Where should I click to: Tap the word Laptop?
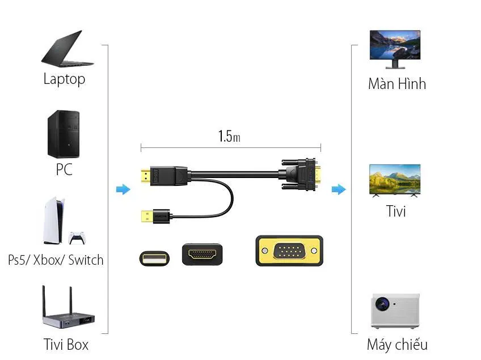coord(64,79)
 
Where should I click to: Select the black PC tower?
coord(63,134)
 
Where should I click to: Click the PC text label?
coord(64,170)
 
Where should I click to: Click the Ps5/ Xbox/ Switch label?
coord(56,260)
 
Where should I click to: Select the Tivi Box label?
coord(66,344)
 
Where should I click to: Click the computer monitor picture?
coord(395,48)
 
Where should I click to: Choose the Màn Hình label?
coord(396,84)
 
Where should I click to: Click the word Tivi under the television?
coord(396,211)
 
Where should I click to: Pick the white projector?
coord(395,311)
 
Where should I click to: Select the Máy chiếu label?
coord(397,344)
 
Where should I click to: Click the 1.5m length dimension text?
coord(229,136)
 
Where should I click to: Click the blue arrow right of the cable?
coord(339,189)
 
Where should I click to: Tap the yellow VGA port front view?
coord(289,251)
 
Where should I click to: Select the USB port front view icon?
coord(154,257)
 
